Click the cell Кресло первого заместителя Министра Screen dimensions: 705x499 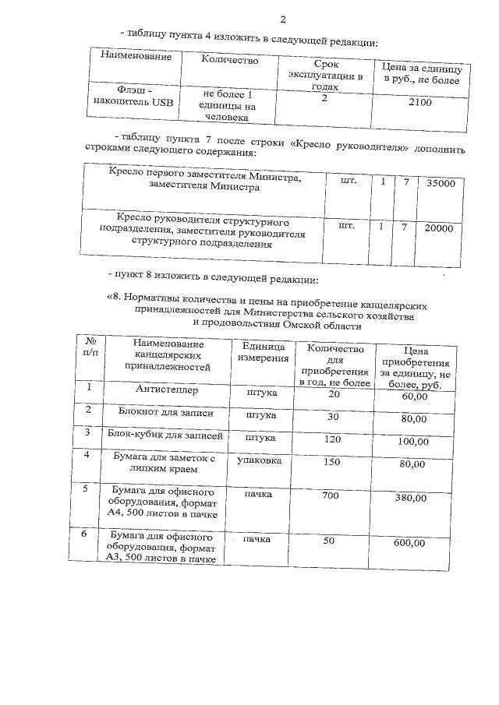click(203, 183)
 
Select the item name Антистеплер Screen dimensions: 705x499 click(166, 390)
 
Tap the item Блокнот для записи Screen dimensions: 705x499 click(166, 413)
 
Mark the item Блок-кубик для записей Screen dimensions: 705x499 click(166, 436)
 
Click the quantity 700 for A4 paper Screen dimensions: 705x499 click(331, 495)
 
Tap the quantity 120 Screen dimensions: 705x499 click(331, 439)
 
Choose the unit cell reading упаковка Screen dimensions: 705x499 click(260, 461)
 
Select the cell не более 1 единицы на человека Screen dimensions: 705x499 click(228, 105)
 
